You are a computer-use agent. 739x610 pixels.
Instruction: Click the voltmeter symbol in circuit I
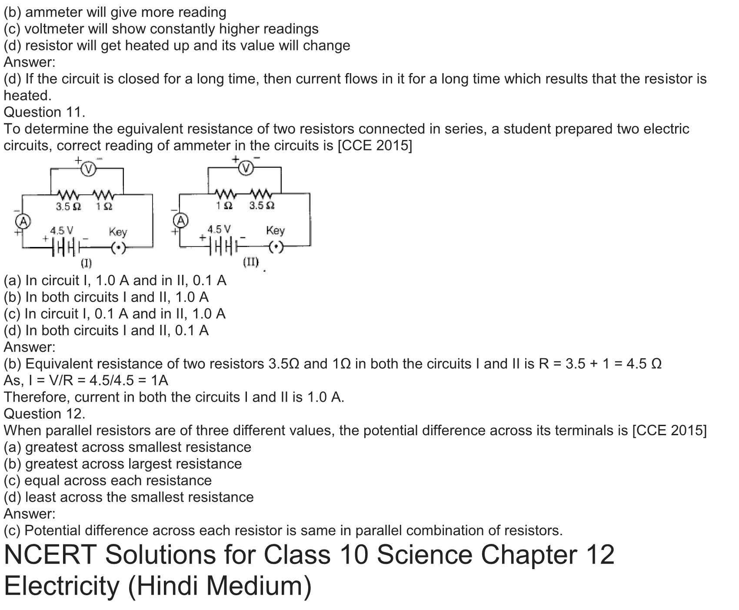tap(89, 169)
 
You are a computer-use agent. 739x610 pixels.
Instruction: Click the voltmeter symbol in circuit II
tap(246, 167)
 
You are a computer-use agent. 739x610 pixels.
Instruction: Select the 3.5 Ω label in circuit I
tap(69, 207)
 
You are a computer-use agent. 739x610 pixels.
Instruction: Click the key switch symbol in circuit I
tap(118, 248)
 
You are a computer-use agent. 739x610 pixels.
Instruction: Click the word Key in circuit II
tap(275, 230)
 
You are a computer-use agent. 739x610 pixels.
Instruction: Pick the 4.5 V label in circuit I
tap(62, 230)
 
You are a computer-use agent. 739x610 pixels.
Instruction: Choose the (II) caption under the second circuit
tap(251, 262)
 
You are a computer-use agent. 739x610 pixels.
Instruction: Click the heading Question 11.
tap(44, 112)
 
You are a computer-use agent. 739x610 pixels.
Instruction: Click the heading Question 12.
tap(44, 413)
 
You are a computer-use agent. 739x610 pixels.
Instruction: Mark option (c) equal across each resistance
tap(108, 480)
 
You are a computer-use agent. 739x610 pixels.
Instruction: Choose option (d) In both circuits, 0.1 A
tap(106, 330)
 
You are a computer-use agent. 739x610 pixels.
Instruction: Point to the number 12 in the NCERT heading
tap(599, 555)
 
